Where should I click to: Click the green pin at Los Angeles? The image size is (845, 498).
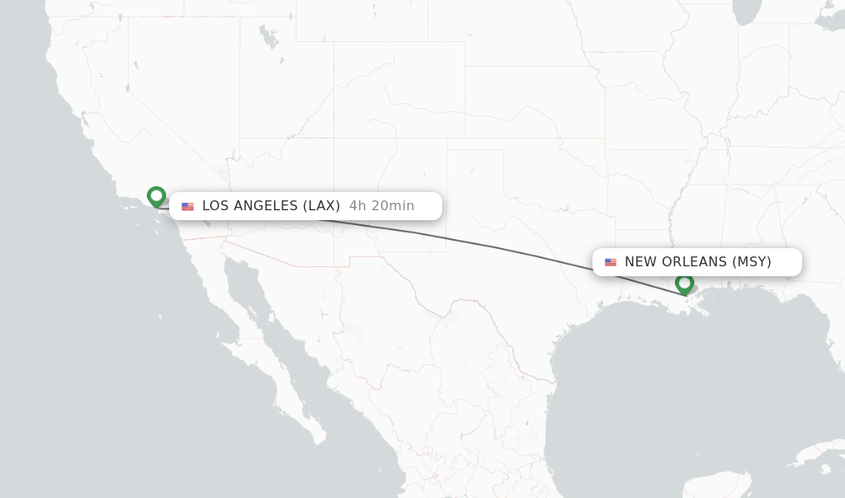156,196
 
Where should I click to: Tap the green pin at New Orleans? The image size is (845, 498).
684,284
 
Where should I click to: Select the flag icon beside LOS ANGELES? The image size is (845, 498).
188,206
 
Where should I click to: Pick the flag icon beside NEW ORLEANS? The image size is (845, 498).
611,262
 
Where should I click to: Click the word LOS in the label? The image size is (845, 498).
215,206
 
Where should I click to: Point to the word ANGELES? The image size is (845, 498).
266,206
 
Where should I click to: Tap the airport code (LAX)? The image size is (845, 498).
322,206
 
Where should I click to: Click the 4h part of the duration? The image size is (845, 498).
357,206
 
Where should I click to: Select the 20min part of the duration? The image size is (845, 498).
393,206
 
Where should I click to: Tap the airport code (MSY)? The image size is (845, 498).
752,262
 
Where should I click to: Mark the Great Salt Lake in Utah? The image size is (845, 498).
269,36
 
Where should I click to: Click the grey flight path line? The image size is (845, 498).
495,247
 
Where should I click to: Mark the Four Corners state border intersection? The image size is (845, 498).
334,139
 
